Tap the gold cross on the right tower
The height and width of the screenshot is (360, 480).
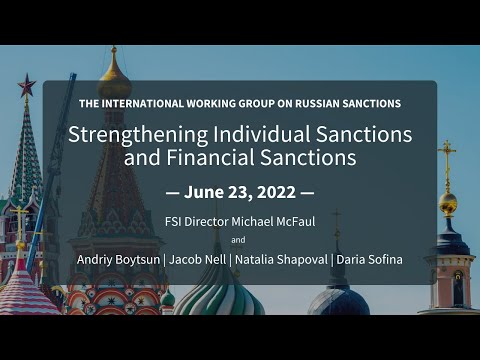(x=448, y=156)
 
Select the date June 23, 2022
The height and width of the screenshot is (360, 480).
(x=240, y=191)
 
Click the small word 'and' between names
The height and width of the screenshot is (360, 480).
(x=238, y=240)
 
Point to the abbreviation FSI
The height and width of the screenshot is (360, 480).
(x=175, y=219)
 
